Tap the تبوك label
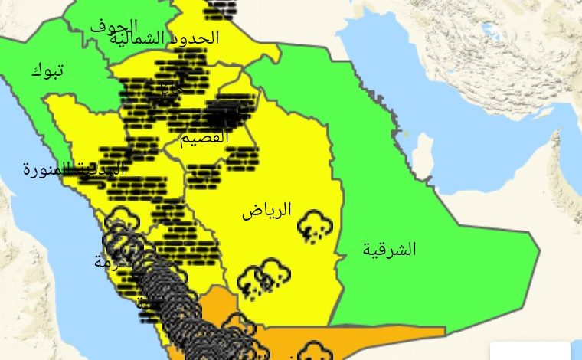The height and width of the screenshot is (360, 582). (47, 71)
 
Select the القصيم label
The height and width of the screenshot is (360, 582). (204, 139)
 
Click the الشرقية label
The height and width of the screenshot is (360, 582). (389, 249)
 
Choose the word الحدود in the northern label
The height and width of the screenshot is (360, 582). (197, 38)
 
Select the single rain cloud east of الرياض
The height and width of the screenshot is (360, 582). (313, 226)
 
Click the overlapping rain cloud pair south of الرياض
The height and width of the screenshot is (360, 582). (261, 277)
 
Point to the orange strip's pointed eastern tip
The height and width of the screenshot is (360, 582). (444, 331)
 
